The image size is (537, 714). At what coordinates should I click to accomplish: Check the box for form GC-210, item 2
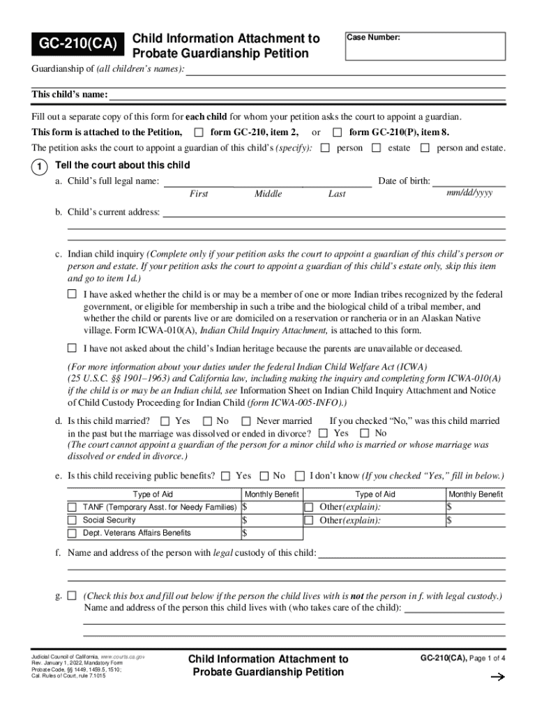[x=199, y=132]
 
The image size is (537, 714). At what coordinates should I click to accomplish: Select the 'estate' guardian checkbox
[x=377, y=148]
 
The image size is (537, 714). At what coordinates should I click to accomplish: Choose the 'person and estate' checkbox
[x=425, y=148]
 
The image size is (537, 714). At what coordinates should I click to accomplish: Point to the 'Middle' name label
[x=268, y=195]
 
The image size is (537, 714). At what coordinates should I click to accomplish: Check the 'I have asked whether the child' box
[x=72, y=294]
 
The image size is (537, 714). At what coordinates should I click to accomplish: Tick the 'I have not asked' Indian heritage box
[x=72, y=347]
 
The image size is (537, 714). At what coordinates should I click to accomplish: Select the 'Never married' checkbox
[x=245, y=420]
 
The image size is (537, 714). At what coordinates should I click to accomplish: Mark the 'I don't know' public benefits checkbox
[x=299, y=476]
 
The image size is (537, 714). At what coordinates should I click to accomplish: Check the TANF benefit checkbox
[x=72, y=507]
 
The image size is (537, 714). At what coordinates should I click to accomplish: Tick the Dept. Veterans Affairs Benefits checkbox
[x=72, y=533]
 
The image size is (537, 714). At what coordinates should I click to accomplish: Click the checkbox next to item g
[x=72, y=596]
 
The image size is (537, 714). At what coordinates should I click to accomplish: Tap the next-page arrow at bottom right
[x=497, y=676]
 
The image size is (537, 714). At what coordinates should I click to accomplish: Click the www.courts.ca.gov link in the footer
[x=123, y=658]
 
